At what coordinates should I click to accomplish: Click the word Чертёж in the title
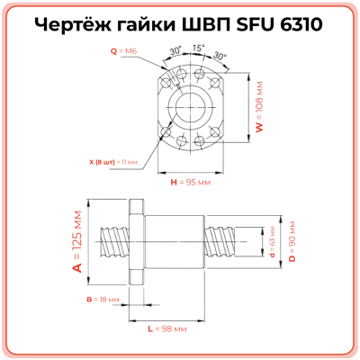coord(74,23)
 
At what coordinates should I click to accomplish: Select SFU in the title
coord(254,23)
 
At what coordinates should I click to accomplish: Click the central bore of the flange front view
coord(190,108)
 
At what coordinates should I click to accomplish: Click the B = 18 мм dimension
coord(96,297)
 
